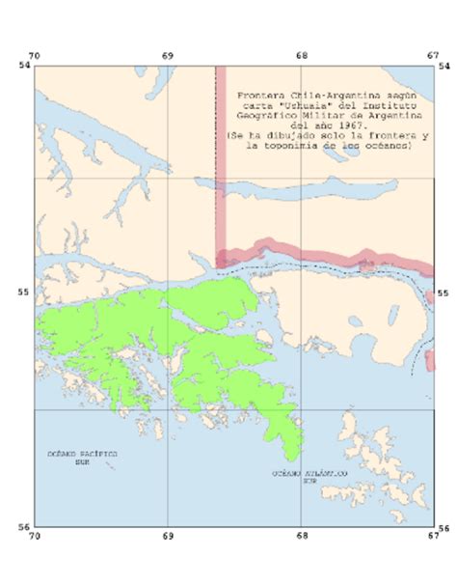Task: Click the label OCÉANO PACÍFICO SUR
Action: click(x=82, y=455)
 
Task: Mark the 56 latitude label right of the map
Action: click(x=444, y=527)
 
